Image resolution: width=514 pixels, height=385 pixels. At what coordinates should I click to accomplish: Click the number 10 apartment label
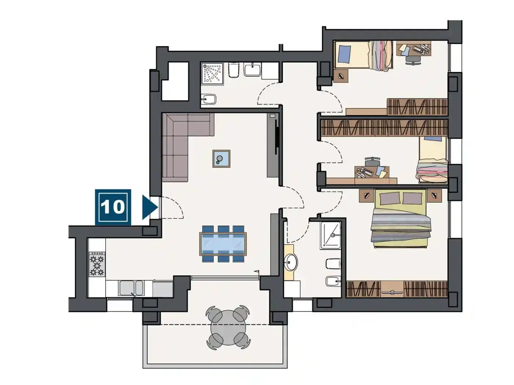tap(113, 207)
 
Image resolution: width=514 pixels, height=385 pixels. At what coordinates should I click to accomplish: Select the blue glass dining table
tap(223, 244)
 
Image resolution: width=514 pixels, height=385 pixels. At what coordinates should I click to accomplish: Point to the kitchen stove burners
tap(97, 264)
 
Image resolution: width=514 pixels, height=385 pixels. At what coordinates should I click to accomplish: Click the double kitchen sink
tap(131, 288)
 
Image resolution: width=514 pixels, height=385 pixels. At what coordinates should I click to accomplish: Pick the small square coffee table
tap(221, 159)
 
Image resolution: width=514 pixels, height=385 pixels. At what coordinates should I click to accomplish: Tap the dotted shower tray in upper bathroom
tap(212, 73)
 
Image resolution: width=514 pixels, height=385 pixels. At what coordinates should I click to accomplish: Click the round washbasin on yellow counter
tap(291, 262)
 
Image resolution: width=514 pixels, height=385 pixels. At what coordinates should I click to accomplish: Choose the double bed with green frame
tap(401, 218)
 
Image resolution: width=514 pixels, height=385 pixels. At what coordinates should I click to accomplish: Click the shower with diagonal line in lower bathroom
tap(330, 235)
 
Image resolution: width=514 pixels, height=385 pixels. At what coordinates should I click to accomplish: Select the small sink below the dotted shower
tap(209, 99)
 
